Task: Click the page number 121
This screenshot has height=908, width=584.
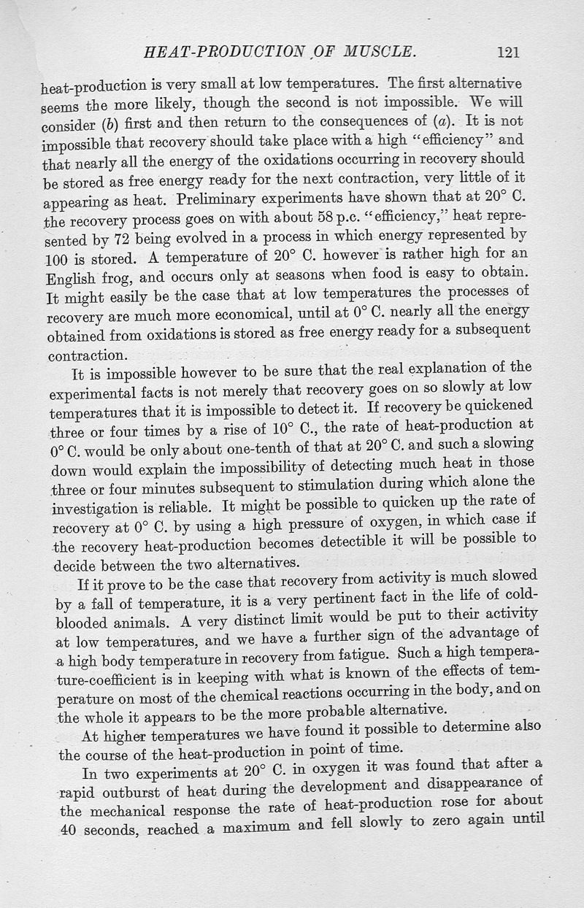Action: (x=507, y=51)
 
